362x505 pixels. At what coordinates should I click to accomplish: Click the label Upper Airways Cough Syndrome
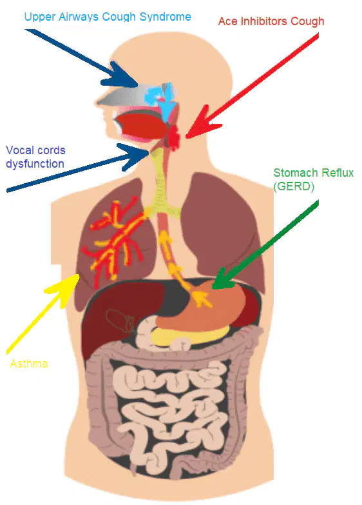point(108,17)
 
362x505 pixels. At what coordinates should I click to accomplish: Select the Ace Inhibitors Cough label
point(271,21)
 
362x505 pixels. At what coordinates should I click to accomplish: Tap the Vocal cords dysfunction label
point(35,157)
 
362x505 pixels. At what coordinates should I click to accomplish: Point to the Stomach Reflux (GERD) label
point(314,179)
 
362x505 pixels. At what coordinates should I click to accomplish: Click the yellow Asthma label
point(29,364)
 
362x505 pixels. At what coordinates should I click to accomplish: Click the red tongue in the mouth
point(142,125)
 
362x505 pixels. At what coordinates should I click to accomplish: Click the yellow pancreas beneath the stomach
point(190,337)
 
